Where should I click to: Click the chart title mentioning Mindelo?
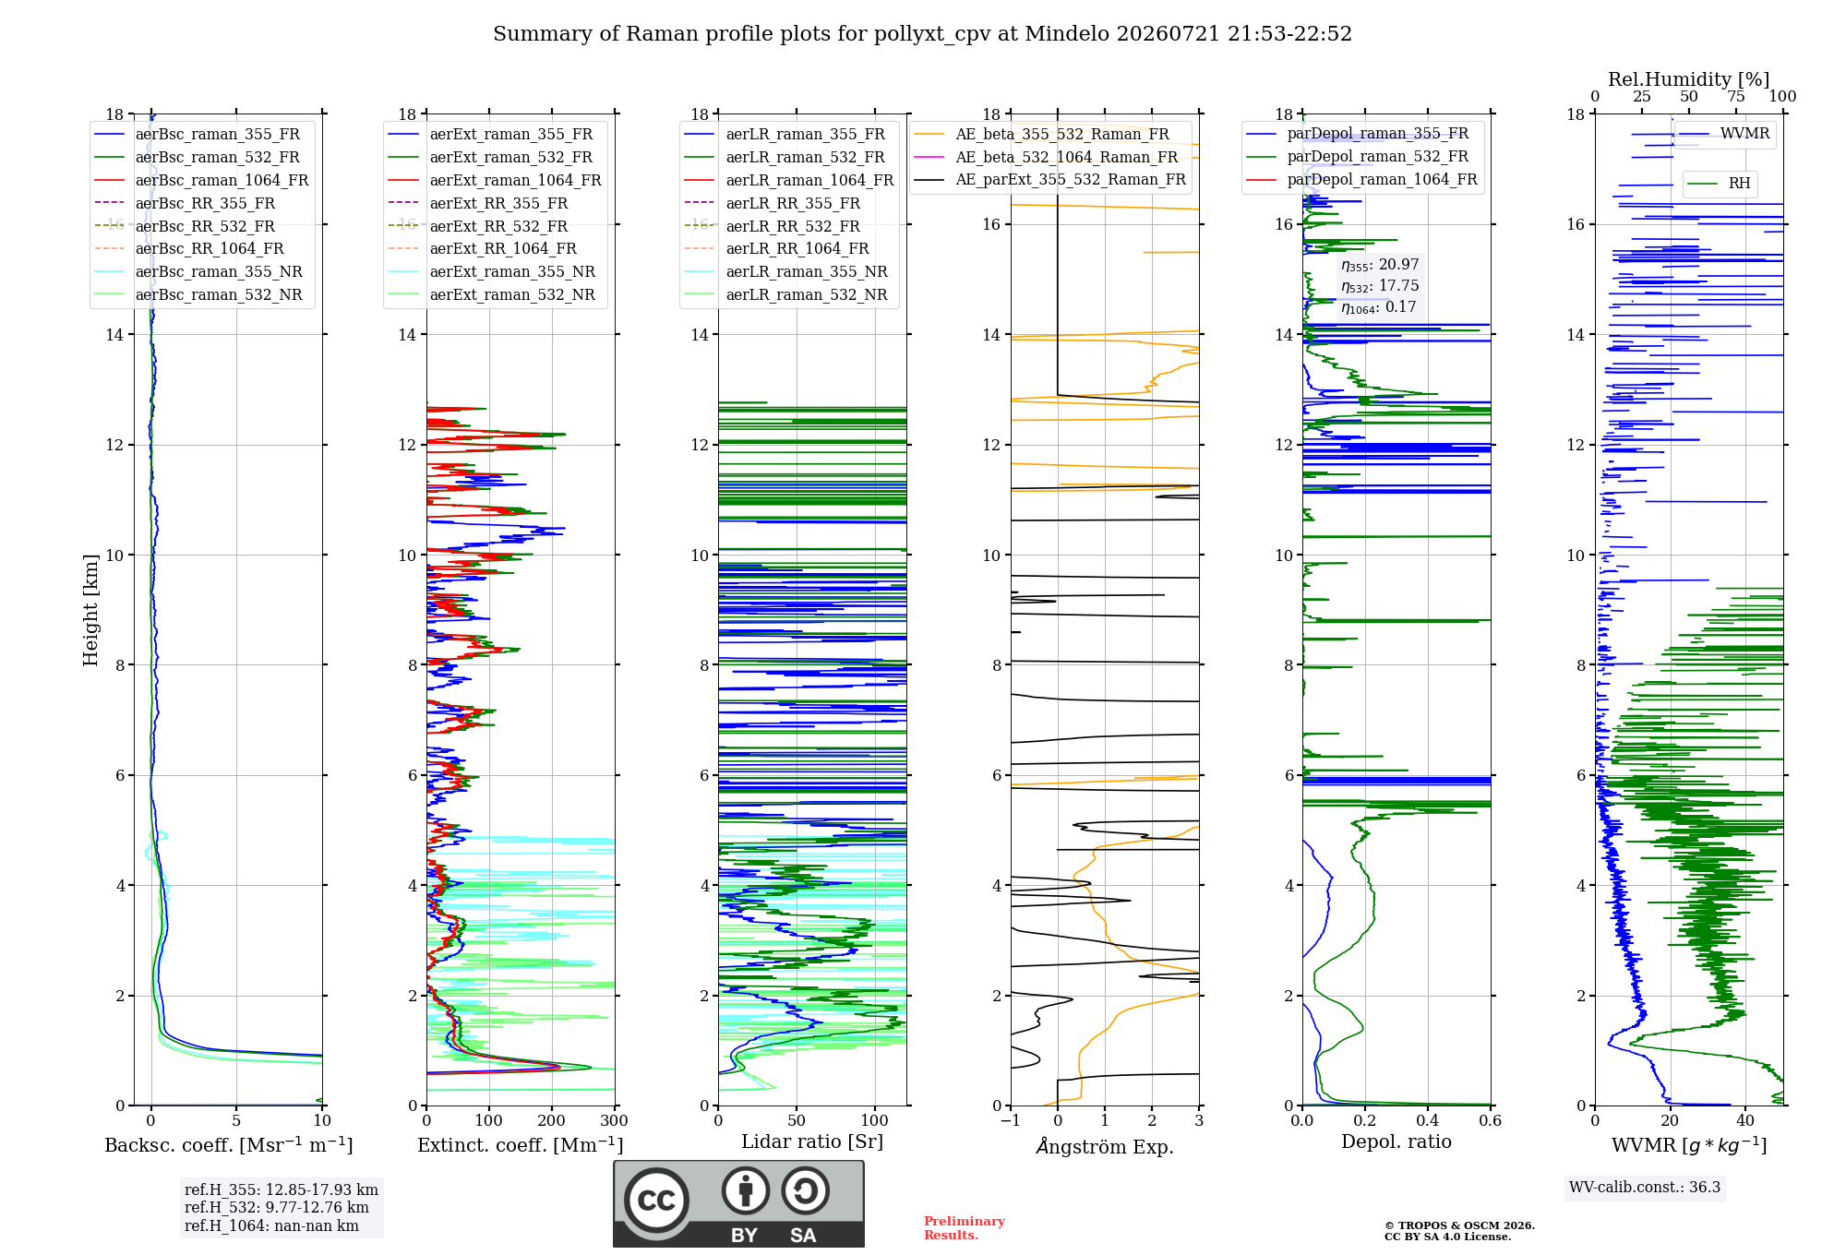click(x=922, y=34)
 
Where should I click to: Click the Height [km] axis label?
click(x=90, y=610)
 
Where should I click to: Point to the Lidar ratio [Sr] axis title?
click(x=812, y=1142)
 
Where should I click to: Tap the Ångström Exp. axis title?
click(x=1105, y=1146)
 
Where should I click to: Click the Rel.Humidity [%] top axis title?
click(x=1689, y=79)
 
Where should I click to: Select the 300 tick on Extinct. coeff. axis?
click(x=615, y=1121)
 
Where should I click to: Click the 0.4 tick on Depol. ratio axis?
click(x=1428, y=1121)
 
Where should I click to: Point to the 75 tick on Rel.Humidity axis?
click(x=1736, y=97)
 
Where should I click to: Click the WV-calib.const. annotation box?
click(x=1645, y=1188)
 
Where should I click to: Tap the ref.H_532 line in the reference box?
click(x=276, y=1208)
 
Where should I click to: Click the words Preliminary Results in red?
click(x=965, y=1228)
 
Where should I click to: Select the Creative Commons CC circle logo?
click(x=656, y=1200)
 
